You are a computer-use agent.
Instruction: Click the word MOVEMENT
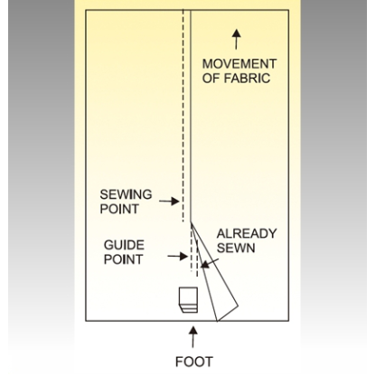click(x=240, y=64)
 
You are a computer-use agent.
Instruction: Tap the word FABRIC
click(x=247, y=79)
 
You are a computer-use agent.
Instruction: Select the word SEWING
click(x=126, y=194)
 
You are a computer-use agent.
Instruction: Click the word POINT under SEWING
click(x=119, y=209)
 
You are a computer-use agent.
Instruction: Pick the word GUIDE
click(x=124, y=245)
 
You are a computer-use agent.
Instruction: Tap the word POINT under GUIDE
click(x=123, y=259)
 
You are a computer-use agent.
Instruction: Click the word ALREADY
click(x=247, y=233)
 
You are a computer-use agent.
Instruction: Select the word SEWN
click(x=236, y=248)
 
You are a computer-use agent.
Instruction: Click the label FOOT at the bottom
click(x=194, y=362)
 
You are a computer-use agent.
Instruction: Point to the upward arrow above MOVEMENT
click(x=237, y=39)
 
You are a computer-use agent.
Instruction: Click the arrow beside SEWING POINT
click(x=169, y=201)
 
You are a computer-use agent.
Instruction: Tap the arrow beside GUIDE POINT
click(x=178, y=257)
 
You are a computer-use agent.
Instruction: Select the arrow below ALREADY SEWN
click(x=210, y=263)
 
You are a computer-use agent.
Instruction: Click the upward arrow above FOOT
click(x=193, y=337)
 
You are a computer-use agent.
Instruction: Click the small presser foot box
click(x=189, y=300)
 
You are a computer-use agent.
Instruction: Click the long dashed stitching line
click(x=183, y=116)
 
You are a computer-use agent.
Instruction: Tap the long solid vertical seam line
click(x=191, y=116)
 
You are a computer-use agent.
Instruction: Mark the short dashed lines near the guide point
click(x=194, y=251)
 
